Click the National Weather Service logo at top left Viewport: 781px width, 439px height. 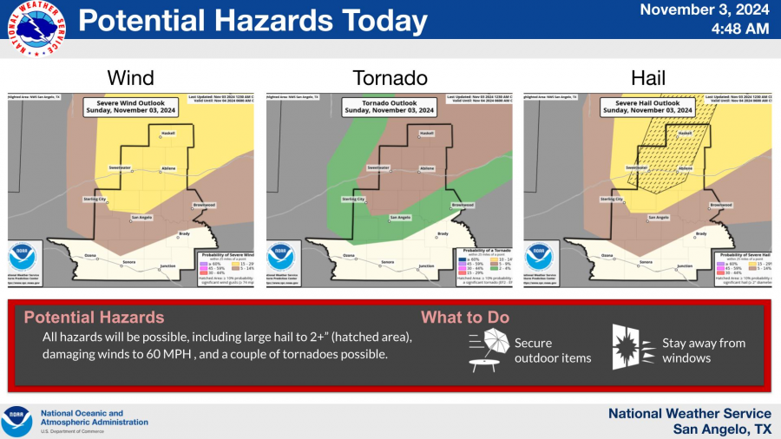[34, 29]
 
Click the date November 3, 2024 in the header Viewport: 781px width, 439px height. [706, 10]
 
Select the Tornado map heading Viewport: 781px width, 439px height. [388, 78]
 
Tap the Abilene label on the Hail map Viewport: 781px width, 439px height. [686, 167]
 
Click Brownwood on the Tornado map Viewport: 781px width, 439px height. [463, 205]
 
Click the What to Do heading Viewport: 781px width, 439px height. [465, 318]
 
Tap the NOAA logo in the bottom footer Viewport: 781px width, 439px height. [17, 421]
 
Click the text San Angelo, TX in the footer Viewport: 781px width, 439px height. [722, 429]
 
